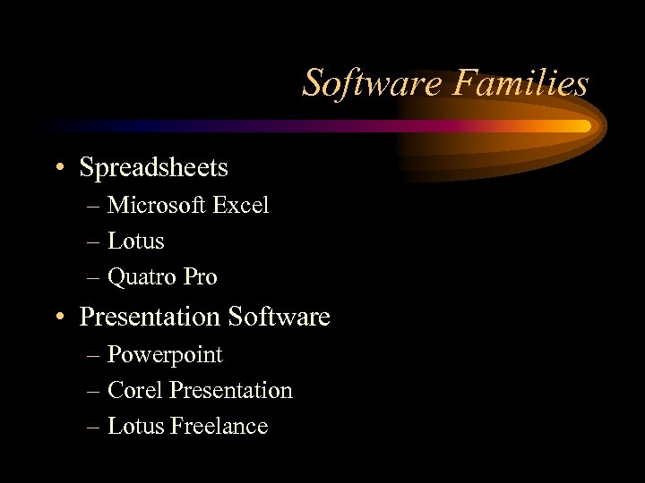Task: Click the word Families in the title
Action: tap(520, 83)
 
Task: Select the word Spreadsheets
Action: tap(153, 168)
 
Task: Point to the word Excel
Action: tap(240, 206)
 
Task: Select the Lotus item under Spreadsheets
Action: tap(135, 241)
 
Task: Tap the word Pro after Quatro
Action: tap(201, 278)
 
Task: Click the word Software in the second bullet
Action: tap(279, 318)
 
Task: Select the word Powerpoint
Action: tap(165, 355)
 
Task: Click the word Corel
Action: tap(134, 391)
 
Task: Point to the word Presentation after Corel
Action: tap(231, 391)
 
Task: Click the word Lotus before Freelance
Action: tap(135, 427)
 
